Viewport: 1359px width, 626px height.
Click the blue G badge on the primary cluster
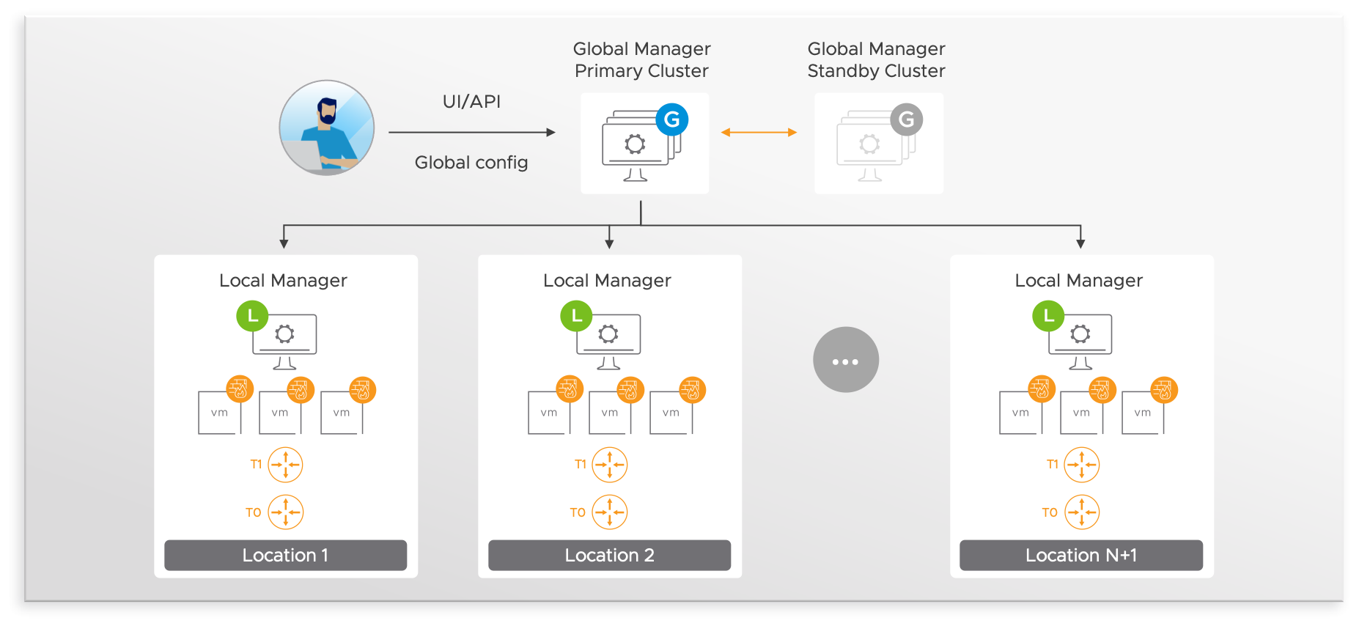click(x=671, y=119)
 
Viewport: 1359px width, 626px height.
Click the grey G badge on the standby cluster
click(x=906, y=119)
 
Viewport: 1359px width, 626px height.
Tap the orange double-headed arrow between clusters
click(x=759, y=133)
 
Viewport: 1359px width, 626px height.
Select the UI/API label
click(x=471, y=102)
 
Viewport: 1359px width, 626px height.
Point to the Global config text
click(x=471, y=163)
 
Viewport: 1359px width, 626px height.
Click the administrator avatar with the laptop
click(x=327, y=128)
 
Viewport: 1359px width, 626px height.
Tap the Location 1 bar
click(x=285, y=555)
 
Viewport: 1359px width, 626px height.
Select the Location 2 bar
click(x=609, y=555)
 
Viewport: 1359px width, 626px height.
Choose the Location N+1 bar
click(x=1080, y=555)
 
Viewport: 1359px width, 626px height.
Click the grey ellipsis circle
click(x=845, y=360)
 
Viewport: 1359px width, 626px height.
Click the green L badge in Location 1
click(x=252, y=317)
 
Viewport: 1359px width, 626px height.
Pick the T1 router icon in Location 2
click(x=610, y=465)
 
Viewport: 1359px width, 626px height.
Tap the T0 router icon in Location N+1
click(x=1081, y=512)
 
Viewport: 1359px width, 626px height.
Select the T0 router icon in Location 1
click(x=285, y=512)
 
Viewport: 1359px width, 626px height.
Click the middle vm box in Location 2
click(x=610, y=413)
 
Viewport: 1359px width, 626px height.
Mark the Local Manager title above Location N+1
click(x=1078, y=281)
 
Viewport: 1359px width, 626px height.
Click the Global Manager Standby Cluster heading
click(x=876, y=60)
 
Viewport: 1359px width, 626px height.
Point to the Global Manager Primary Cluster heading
click(x=641, y=60)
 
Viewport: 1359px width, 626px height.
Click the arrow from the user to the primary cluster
click(x=471, y=133)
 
